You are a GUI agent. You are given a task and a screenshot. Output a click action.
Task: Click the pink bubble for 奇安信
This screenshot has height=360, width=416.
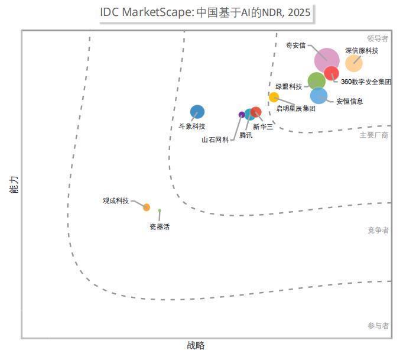pos(327,60)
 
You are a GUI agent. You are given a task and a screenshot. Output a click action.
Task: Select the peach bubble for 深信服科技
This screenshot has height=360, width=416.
pos(353,63)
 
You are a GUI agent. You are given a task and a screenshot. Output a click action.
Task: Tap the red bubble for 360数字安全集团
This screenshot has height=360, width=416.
pos(331,73)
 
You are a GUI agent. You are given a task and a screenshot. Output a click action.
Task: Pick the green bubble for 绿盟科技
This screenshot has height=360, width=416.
pos(317,80)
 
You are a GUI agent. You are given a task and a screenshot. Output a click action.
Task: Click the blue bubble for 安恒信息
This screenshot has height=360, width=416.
pos(318,95)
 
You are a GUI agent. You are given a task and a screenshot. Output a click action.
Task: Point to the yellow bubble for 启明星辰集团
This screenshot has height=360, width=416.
pos(274,97)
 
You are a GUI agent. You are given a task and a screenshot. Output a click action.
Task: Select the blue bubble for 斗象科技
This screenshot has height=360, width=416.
pos(197,112)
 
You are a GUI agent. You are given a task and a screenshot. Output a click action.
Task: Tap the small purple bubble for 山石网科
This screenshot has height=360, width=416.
pos(242,115)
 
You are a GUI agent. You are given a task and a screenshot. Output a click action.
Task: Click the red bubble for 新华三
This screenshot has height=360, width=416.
pos(256,112)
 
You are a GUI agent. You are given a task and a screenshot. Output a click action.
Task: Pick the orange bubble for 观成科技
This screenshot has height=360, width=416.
pos(147,207)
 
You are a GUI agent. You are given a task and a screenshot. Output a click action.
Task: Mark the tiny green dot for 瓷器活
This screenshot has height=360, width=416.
pos(160,210)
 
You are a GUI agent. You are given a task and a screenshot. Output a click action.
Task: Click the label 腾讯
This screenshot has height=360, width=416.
pos(245,135)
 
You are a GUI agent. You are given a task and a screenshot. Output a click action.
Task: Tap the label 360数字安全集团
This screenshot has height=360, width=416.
pos(366,82)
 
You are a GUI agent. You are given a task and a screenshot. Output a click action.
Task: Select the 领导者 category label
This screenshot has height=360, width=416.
pos(378,38)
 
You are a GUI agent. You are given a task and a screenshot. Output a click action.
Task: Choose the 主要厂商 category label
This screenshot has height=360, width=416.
pos(374,135)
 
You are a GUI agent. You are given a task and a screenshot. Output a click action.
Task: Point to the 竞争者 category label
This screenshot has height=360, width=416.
pos(378,230)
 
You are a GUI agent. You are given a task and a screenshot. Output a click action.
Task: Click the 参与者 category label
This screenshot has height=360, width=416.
pos(378,326)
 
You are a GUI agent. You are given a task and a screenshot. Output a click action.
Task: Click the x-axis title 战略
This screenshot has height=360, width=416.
pos(196,346)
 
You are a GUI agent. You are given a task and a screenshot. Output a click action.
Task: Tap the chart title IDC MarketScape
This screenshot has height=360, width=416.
pos(205,12)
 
